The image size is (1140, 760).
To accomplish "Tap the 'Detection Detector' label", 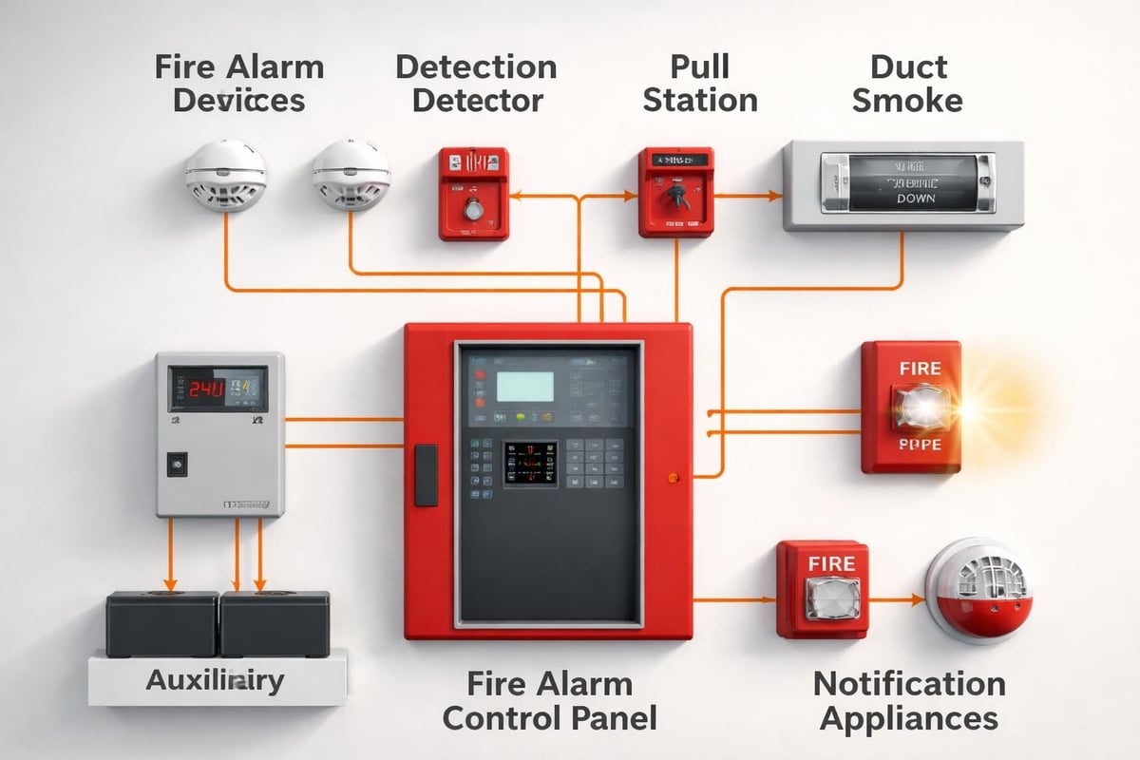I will tap(477, 84).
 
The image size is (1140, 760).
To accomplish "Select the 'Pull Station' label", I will tap(700, 84).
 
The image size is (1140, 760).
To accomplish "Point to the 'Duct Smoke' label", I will tap(906, 84).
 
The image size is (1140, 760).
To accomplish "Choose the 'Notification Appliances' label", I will tap(909, 700).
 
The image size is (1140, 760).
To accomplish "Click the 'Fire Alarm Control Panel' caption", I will tap(549, 700).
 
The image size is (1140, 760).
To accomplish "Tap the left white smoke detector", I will tap(225, 175).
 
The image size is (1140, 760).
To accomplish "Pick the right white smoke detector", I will tap(351, 175).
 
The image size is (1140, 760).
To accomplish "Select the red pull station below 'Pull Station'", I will tap(675, 191).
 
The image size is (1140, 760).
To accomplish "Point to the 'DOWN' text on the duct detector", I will tap(915, 199).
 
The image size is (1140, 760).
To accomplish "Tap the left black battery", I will tap(161, 623).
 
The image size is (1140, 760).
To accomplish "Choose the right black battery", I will tap(275, 623).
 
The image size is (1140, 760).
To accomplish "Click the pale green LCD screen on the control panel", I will tap(524, 387).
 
